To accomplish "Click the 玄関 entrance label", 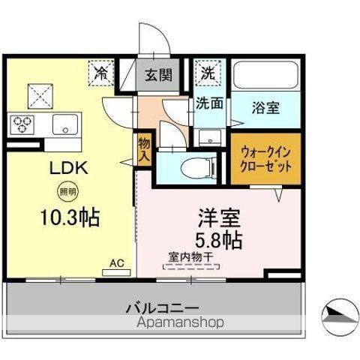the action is click(159, 75).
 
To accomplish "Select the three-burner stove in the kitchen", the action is click(20, 124).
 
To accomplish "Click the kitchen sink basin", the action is click(65, 124).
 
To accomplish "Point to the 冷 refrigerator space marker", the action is click(101, 73).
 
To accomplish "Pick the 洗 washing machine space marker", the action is click(208, 72).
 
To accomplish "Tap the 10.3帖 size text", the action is click(70, 217).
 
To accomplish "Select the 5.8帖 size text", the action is click(218, 241).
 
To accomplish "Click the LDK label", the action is click(69, 168).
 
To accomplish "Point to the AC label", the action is click(117, 263).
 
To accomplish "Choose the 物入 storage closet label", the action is click(144, 150).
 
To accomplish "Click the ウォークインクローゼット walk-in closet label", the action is click(265, 159).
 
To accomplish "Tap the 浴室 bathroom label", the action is click(265, 108).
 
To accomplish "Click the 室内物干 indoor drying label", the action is click(190, 256).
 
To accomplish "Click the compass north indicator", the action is click(340, 317).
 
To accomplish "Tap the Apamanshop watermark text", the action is click(181, 322).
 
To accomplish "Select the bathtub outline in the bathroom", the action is click(265, 75).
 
